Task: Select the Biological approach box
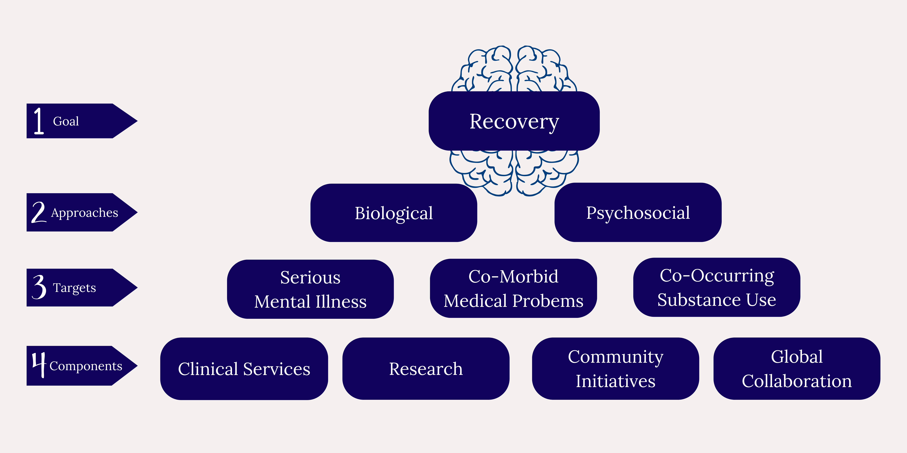click(394, 213)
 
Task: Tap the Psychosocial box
click(638, 212)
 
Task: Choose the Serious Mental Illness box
click(310, 289)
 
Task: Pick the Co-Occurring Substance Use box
click(716, 287)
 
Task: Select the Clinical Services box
click(244, 369)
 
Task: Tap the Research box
click(426, 369)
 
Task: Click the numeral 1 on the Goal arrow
click(39, 121)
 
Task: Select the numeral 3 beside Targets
click(39, 287)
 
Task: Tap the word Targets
click(74, 288)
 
